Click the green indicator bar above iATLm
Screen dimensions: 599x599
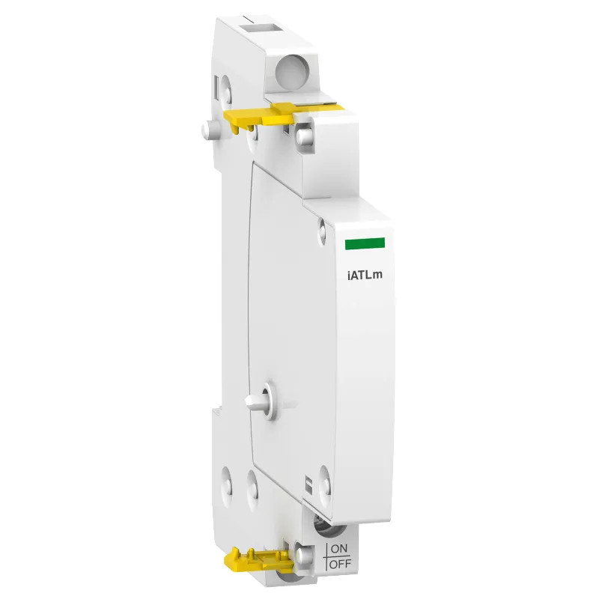364,243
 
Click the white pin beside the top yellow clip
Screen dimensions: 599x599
303,136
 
